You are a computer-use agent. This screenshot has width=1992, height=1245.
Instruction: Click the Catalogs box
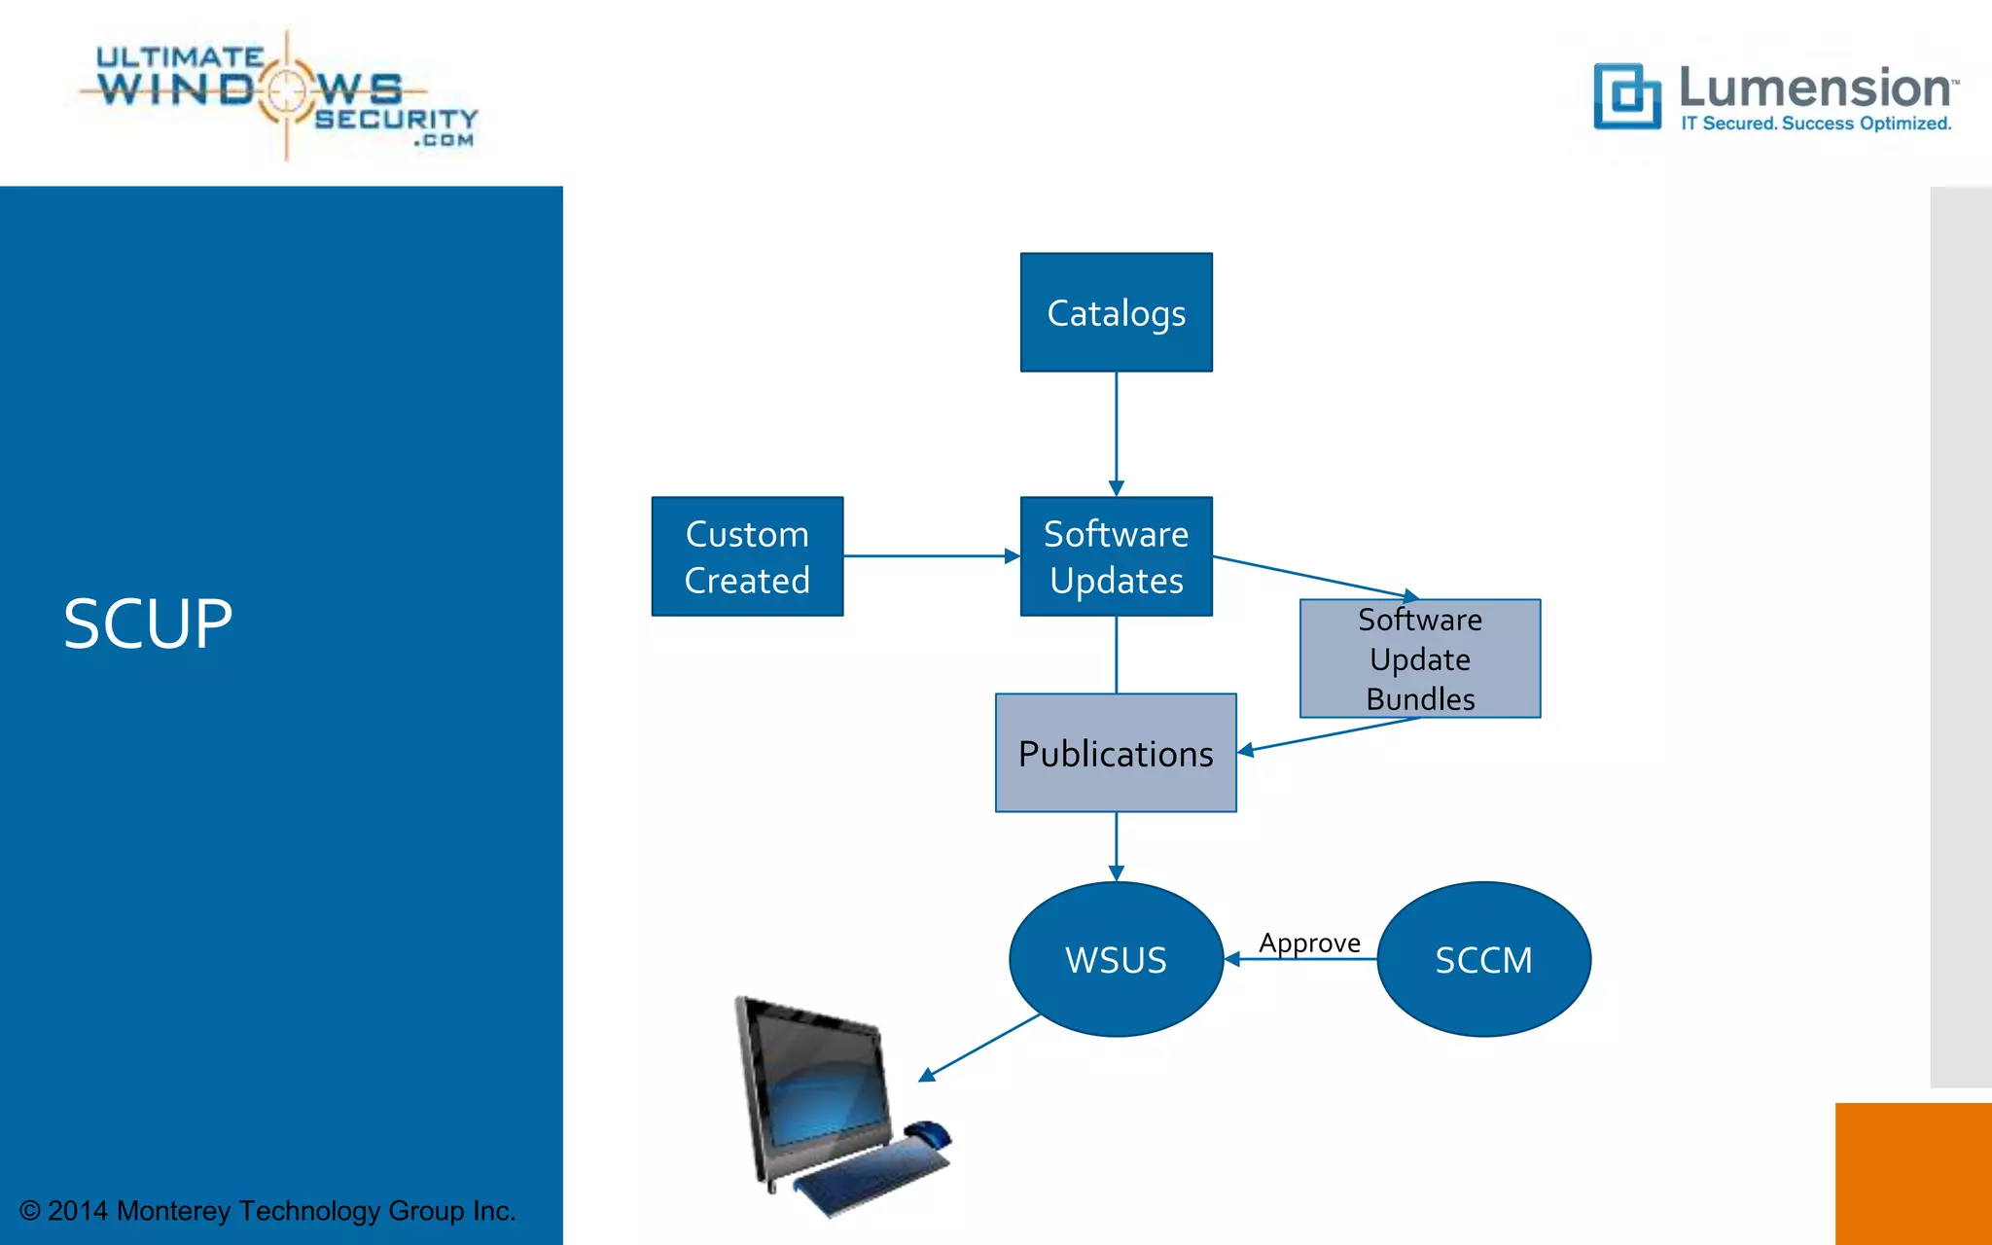click(x=1116, y=312)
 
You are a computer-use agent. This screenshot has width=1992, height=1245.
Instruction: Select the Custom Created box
click(x=747, y=556)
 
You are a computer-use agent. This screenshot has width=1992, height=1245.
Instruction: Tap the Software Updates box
click(x=1116, y=556)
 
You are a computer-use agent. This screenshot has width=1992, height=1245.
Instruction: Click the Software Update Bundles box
click(x=1419, y=658)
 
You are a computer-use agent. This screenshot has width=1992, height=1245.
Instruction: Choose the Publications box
click(x=1116, y=753)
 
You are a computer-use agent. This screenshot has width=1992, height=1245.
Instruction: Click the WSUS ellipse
click(x=1116, y=959)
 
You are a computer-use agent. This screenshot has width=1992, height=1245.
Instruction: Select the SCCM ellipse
click(x=1483, y=959)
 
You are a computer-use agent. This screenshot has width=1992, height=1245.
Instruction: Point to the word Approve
click(x=1309, y=942)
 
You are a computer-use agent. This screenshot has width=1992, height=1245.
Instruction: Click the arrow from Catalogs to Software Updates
click(x=1116, y=433)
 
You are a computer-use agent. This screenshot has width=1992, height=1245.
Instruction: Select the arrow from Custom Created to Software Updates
click(x=931, y=556)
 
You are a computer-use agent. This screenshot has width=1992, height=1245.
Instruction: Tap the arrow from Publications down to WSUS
click(x=1116, y=846)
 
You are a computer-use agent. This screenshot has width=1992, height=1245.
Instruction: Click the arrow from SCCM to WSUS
click(x=1300, y=959)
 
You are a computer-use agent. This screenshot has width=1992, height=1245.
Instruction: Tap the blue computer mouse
click(x=929, y=1133)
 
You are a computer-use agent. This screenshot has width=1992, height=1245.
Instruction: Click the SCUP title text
click(x=148, y=623)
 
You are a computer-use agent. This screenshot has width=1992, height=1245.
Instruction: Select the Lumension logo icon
click(x=1625, y=95)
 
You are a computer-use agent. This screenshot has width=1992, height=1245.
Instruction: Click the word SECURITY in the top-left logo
click(x=396, y=119)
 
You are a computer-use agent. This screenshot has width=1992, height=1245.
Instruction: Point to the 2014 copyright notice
click(x=267, y=1211)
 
